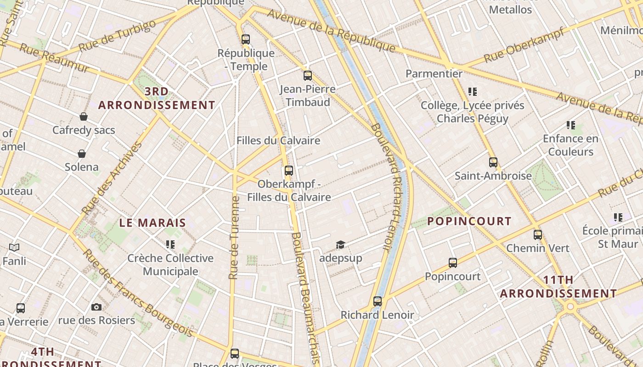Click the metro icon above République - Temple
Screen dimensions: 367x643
coord(246,39)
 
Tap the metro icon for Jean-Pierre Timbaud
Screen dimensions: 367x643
coord(308,76)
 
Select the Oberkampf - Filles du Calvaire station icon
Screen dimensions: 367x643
coord(288,171)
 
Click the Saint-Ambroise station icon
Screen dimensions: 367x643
coord(493,162)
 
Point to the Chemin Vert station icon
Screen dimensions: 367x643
coord(538,235)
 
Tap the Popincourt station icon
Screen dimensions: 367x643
coord(453,263)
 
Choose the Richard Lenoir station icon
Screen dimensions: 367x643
coord(378,301)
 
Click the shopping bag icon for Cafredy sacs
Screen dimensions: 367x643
coord(84,117)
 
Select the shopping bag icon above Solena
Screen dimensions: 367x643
coord(82,153)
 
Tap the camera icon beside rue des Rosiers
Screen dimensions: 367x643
coord(96,307)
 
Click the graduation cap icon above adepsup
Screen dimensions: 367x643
coord(340,245)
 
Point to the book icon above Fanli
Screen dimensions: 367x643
coord(14,248)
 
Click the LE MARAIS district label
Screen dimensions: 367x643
coord(152,223)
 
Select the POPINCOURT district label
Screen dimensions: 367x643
coord(469,221)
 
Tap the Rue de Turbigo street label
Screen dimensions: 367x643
coord(117,36)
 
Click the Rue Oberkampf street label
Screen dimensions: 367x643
coord(524,45)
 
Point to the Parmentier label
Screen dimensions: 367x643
coord(434,73)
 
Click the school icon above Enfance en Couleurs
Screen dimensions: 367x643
coord(571,125)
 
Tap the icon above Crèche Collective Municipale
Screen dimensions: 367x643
coord(170,245)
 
